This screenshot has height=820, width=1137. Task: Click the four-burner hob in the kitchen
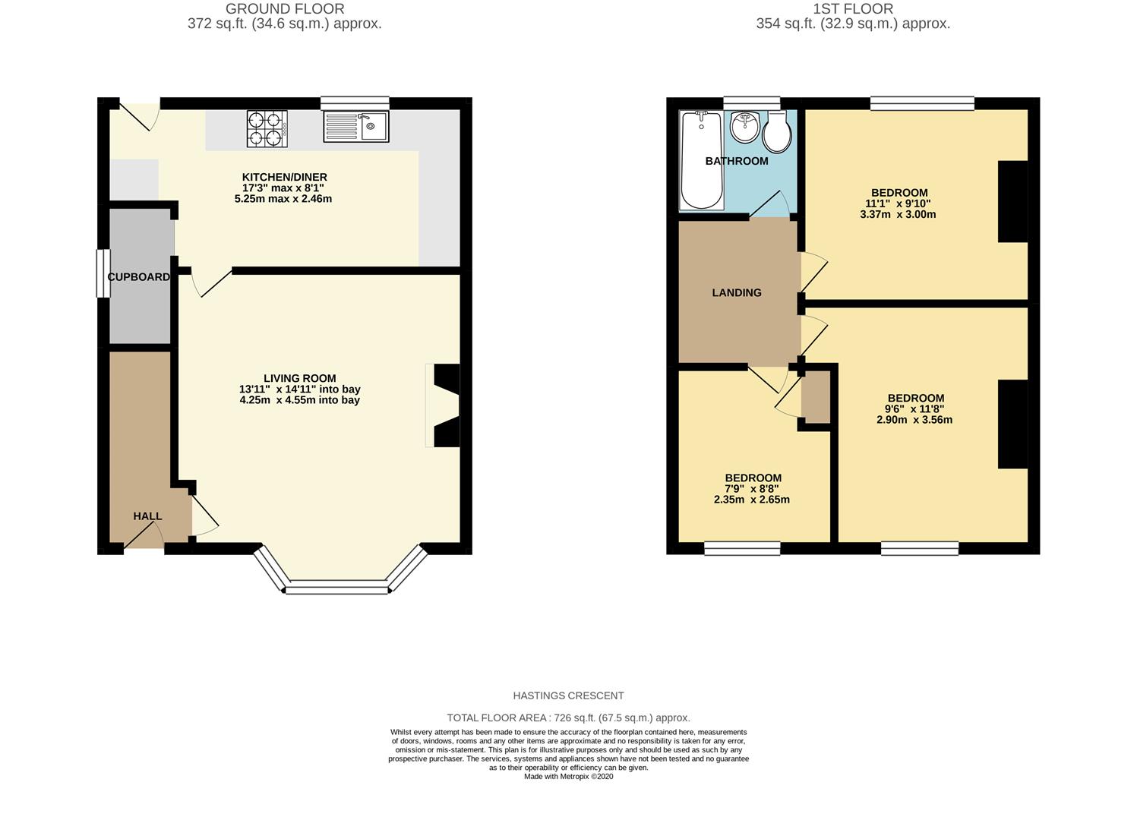click(267, 128)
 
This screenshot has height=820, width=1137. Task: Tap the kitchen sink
click(355, 126)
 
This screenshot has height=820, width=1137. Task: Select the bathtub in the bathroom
click(701, 159)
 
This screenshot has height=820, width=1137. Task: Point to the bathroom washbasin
click(745, 128)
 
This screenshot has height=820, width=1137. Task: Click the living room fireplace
click(445, 406)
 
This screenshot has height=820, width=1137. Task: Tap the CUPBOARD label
click(139, 277)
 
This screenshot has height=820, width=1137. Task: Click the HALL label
click(147, 516)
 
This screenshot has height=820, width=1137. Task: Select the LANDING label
click(736, 293)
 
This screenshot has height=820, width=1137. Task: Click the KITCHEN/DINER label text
click(284, 177)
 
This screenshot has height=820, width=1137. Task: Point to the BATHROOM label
click(736, 161)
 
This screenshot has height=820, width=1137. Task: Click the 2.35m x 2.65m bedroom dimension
click(751, 500)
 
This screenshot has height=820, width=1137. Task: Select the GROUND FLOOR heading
click(285, 9)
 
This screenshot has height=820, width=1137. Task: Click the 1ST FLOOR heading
click(853, 9)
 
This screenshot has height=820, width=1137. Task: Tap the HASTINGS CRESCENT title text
click(568, 695)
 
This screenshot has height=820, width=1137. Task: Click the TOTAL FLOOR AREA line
click(568, 717)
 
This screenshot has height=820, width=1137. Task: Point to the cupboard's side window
click(99, 273)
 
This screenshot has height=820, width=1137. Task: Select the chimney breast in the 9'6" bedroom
click(1012, 424)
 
